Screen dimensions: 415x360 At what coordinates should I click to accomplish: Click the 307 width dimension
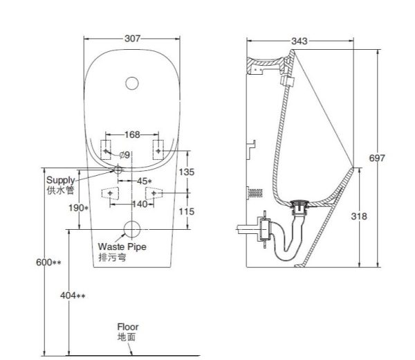click(132, 39)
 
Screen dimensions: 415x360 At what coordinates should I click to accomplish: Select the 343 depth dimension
click(299, 41)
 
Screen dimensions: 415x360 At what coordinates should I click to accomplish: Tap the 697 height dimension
click(377, 158)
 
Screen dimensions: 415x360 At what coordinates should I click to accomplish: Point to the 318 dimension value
click(359, 217)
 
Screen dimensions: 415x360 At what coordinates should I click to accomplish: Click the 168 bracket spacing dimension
click(132, 134)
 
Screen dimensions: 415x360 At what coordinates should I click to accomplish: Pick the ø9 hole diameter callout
click(124, 155)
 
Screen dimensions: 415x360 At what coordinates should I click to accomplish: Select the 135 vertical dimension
click(187, 172)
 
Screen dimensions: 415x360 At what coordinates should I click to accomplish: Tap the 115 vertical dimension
click(187, 212)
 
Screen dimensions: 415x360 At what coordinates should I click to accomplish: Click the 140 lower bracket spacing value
click(140, 204)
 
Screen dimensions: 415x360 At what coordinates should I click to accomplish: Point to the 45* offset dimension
click(145, 181)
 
